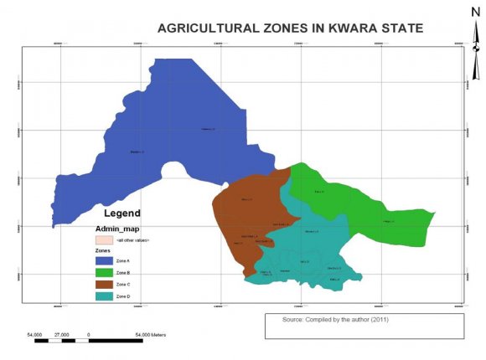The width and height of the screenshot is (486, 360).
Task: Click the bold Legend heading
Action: click(x=121, y=213)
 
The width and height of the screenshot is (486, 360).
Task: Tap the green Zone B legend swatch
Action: click(x=102, y=271)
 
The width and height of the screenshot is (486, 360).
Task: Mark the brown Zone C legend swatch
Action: click(x=102, y=285)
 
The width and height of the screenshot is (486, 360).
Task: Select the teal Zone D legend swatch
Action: click(x=102, y=297)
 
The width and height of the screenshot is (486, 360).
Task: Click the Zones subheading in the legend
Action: click(x=103, y=249)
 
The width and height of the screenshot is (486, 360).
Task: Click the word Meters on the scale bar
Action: click(x=157, y=334)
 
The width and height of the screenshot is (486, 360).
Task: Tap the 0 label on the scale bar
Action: click(x=88, y=334)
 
